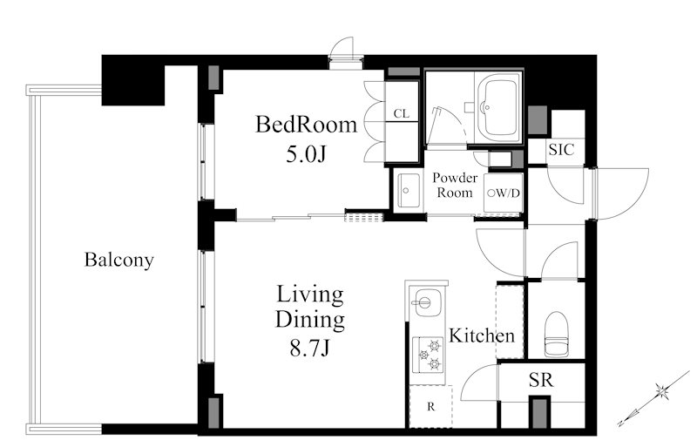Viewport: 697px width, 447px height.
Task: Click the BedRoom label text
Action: (307, 125)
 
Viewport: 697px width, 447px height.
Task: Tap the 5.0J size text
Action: (307, 154)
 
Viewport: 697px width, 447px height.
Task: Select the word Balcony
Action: (119, 260)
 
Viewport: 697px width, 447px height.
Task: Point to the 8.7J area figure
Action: (310, 348)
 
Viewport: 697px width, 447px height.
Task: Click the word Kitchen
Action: (482, 335)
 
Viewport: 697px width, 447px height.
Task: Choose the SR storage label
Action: (541, 380)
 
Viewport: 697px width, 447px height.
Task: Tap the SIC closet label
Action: (561, 150)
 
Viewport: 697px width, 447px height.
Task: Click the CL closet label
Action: (402, 114)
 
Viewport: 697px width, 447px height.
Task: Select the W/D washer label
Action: (504, 193)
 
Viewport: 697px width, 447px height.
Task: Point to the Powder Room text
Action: (455, 185)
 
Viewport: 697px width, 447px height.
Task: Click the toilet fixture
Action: (557, 334)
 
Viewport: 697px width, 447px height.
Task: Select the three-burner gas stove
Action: (428, 355)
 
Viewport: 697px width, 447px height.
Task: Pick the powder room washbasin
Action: (409, 190)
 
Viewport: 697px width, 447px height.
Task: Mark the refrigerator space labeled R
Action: (430, 407)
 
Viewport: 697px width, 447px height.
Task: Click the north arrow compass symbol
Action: (654, 399)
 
